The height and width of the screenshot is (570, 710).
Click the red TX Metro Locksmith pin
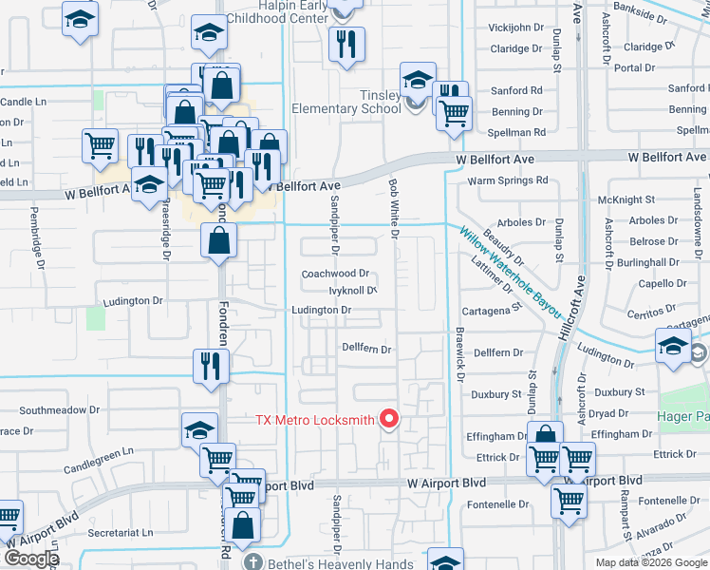pos(388,418)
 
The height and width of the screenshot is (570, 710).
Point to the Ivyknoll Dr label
pos(340,291)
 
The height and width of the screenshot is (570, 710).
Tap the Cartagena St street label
pos(492,310)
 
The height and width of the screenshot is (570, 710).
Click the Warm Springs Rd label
pos(508,180)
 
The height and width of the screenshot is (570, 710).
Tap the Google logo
pos(30,558)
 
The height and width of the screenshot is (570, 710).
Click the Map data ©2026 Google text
pos(650,562)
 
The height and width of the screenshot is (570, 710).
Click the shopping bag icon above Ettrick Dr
pos(546,437)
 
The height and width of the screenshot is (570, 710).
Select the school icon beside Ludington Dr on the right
pos(673,346)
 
